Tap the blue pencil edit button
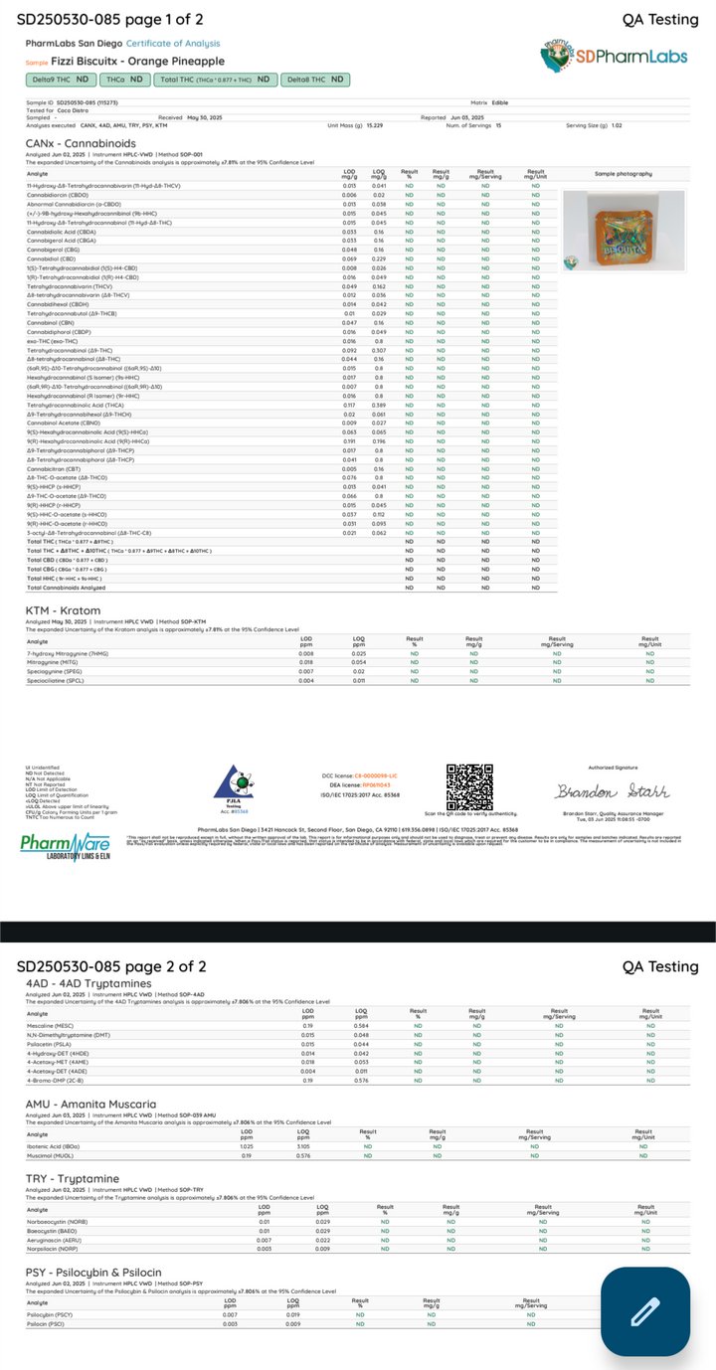[645, 1311]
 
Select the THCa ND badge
[126, 80]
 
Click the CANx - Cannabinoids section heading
[82, 143]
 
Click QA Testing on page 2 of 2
[660, 966]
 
